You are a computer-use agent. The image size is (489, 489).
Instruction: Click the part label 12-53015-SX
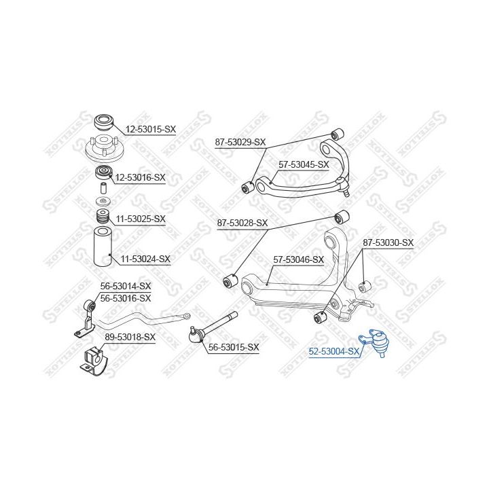[x=151, y=129]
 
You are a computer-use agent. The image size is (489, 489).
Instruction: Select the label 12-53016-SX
[x=141, y=178]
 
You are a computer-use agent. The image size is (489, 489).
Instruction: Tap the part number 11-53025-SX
[x=141, y=219]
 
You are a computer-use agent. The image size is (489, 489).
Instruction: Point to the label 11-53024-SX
[x=145, y=259]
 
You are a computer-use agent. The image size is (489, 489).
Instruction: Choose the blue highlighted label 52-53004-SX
[x=334, y=352]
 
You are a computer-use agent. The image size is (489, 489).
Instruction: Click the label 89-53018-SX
[x=130, y=337]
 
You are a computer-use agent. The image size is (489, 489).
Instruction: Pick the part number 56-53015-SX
[x=234, y=347]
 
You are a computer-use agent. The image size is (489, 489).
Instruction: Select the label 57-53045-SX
[x=304, y=164]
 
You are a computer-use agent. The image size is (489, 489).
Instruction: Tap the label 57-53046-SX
[x=298, y=259]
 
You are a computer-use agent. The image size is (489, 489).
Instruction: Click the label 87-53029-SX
[x=240, y=143]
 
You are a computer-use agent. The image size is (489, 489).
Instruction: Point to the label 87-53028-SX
[x=242, y=223]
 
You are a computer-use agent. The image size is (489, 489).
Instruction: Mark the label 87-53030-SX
[x=388, y=242]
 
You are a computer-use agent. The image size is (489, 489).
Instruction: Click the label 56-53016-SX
[x=126, y=298]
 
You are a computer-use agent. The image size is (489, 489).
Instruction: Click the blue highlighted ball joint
[x=375, y=342]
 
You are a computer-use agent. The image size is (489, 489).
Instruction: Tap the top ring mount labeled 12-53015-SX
[x=104, y=122]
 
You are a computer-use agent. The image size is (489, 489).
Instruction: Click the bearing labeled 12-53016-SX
[x=103, y=173]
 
